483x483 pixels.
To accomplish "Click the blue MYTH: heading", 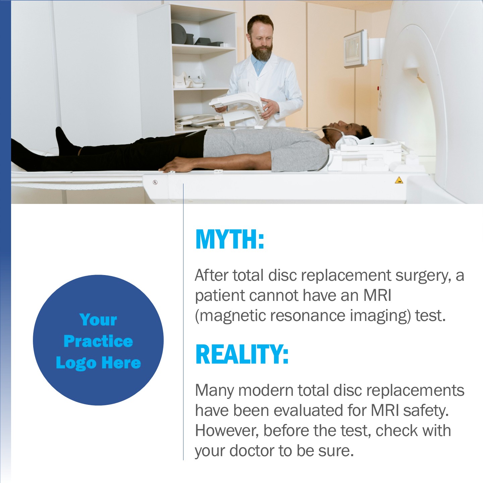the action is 230,239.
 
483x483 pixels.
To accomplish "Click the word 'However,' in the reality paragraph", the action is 227,431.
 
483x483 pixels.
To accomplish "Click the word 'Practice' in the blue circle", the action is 98,341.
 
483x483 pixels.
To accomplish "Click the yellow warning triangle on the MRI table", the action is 399,180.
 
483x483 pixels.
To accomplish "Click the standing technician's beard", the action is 262,51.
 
